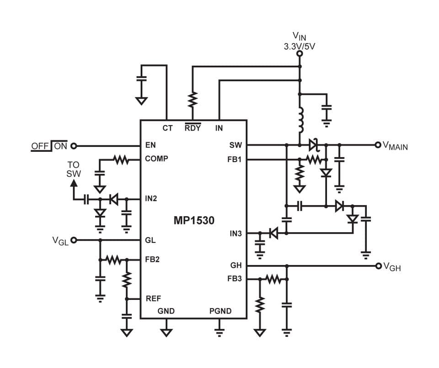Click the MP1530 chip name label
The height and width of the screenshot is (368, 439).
(x=194, y=220)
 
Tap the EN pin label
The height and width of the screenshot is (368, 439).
(x=150, y=145)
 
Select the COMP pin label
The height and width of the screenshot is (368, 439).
(x=156, y=159)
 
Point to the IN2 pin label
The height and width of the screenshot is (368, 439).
(x=151, y=199)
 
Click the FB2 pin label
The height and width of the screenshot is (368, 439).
(x=152, y=259)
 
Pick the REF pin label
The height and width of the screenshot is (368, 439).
(x=153, y=299)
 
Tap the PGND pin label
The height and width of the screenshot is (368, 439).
(x=220, y=311)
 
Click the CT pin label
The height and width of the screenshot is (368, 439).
(x=167, y=128)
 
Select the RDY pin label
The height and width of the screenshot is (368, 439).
(x=193, y=128)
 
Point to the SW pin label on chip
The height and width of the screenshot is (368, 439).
(x=236, y=145)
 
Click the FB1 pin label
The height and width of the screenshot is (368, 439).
(x=234, y=160)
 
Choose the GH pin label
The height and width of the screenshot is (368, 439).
(x=236, y=265)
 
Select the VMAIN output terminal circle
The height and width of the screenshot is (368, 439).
(x=378, y=145)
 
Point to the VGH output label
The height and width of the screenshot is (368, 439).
(x=392, y=267)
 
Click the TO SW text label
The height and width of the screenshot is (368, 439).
(x=73, y=169)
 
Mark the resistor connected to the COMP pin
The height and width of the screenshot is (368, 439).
(x=121, y=160)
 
